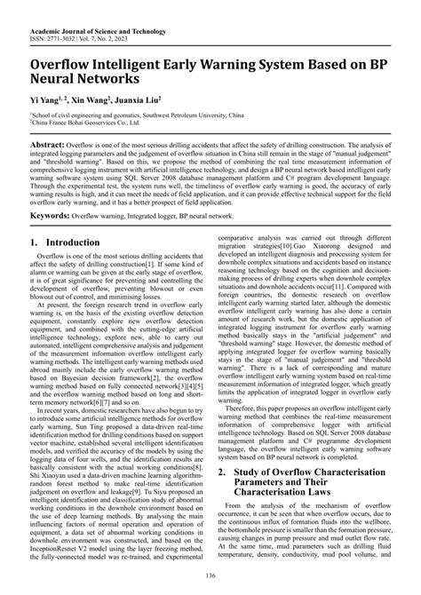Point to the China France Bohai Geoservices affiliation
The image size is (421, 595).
(x=93, y=123)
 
